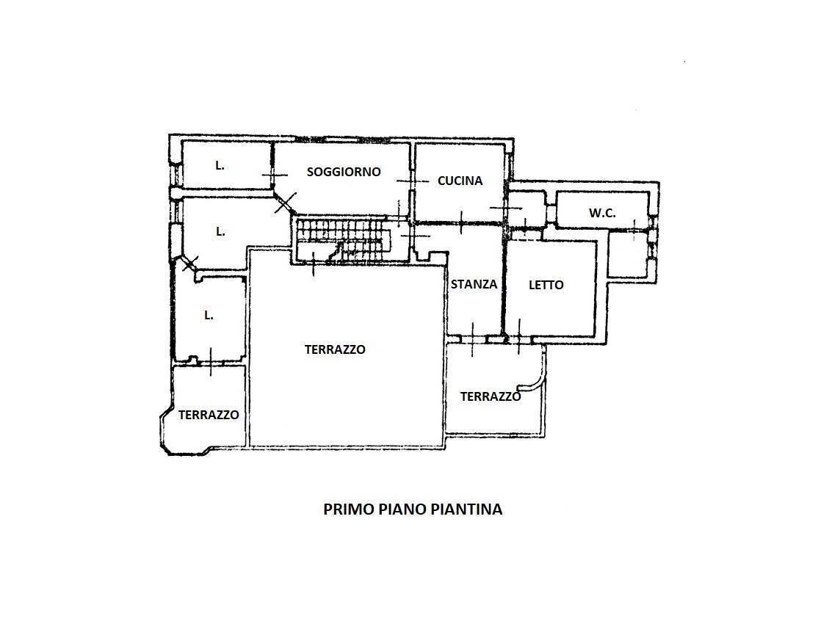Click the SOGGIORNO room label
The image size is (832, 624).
pyautogui.click(x=344, y=172)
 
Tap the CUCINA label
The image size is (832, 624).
pyautogui.click(x=460, y=180)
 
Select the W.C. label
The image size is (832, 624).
pyautogui.click(x=602, y=214)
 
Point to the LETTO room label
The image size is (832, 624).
pyautogui.click(x=546, y=285)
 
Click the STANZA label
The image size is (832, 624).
pyautogui.click(x=474, y=284)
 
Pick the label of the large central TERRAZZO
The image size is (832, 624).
pyautogui.click(x=335, y=349)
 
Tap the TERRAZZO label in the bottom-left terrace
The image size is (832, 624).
pyautogui.click(x=209, y=415)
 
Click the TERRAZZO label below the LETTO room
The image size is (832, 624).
pyautogui.click(x=491, y=396)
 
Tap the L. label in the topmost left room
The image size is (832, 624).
pyautogui.click(x=220, y=166)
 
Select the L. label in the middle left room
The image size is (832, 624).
pyautogui.click(x=220, y=231)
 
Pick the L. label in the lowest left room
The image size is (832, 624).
pyautogui.click(x=209, y=315)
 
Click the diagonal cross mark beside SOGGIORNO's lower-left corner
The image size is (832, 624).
pyautogui.click(x=286, y=202)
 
